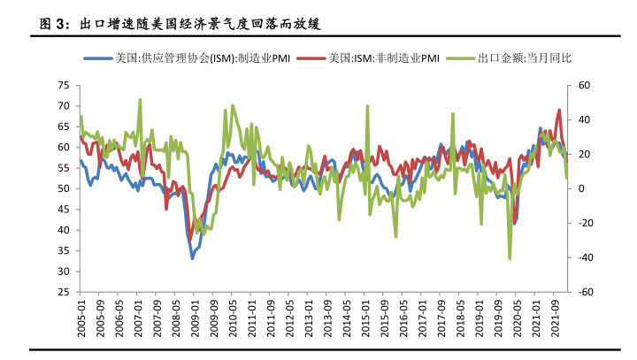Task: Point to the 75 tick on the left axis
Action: tap(63, 85)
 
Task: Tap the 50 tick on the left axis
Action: tap(63, 188)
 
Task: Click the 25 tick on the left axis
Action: tap(63, 292)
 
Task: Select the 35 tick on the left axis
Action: tap(63, 250)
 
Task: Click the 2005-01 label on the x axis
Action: tap(81, 317)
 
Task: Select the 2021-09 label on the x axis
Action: tap(556, 317)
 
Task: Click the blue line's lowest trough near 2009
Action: tap(193, 258)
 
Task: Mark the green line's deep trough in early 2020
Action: tap(510, 258)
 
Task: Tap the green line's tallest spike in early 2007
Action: tap(140, 100)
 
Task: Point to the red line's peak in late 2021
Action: tap(559, 111)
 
